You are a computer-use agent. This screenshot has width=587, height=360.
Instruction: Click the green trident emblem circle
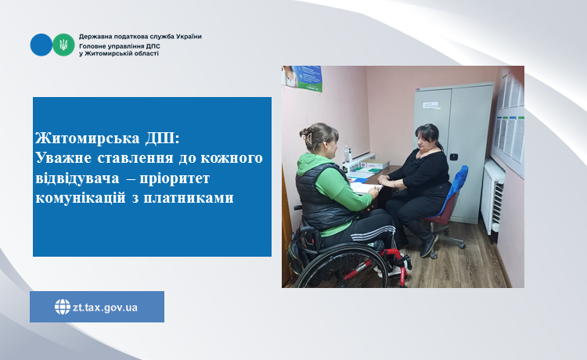point(63,45)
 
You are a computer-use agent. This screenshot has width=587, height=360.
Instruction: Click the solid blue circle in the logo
point(41,45)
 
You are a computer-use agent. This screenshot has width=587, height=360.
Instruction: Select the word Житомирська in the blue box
point(88,138)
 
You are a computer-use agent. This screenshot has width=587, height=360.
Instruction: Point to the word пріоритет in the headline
point(175,178)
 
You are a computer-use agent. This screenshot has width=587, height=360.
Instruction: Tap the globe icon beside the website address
point(63,307)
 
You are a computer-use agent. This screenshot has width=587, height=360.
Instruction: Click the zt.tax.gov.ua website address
point(105,308)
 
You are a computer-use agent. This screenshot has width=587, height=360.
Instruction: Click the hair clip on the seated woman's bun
point(309,139)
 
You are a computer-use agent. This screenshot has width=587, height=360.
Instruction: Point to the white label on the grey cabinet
point(431,105)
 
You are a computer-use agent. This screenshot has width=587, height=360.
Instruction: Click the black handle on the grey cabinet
point(454,157)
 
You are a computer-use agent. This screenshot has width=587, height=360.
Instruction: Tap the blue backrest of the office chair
point(459,187)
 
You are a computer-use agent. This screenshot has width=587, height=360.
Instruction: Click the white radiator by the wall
point(492,196)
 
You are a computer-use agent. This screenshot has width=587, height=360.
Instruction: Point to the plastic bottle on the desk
point(347,154)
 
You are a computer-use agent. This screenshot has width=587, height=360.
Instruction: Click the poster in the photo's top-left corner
point(302,78)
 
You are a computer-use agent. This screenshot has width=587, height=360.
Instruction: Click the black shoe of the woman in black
point(428,246)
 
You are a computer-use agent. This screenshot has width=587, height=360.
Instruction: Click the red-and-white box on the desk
point(375,164)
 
